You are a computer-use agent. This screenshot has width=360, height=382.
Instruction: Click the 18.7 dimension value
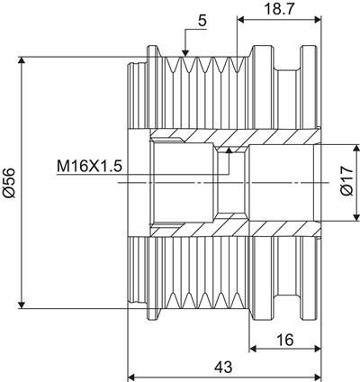point(279,9)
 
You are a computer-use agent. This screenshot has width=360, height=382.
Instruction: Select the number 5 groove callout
point(202,22)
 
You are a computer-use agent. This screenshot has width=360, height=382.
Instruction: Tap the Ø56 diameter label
point(9,183)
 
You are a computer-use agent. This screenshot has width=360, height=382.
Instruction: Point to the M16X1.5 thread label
point(90,167)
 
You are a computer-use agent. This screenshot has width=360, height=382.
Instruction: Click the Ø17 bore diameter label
point(347,181)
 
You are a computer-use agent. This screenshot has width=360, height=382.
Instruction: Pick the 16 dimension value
point(285,341)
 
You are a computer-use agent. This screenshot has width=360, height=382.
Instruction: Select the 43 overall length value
point(224,367)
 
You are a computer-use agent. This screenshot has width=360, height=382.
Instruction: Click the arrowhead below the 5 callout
point(185,52)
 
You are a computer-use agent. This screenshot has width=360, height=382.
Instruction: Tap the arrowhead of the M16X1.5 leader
point(229,150)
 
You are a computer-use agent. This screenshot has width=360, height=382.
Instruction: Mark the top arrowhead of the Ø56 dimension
point(22,60)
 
